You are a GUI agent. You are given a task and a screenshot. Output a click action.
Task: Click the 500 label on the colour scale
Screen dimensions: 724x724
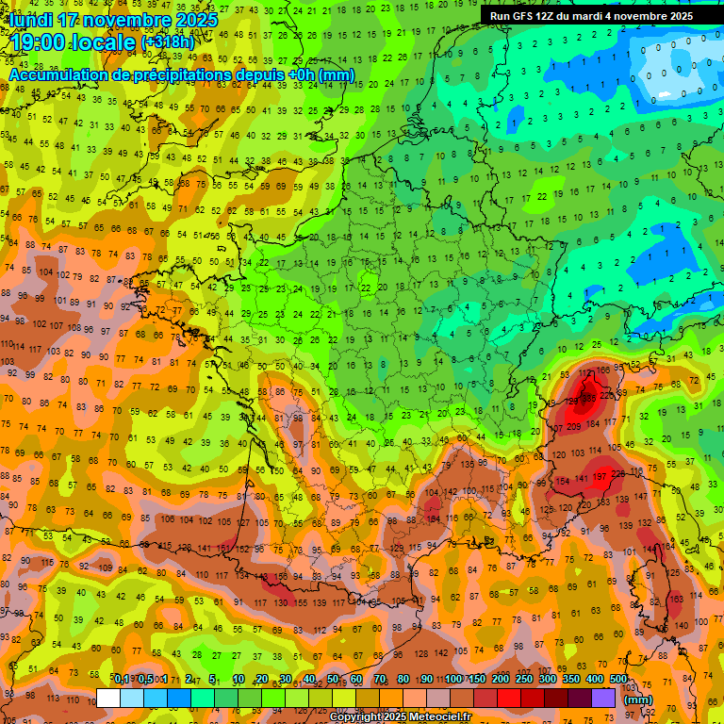coord(617,680)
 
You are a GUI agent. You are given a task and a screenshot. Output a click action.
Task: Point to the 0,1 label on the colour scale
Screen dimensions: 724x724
coord(122,680)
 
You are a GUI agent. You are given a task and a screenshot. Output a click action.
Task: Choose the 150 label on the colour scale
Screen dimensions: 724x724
coord(477,680)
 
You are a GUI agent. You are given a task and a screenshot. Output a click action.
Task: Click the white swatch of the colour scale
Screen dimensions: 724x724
coord(108,699)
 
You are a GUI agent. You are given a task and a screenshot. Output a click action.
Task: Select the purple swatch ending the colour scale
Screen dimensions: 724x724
coord(603,699)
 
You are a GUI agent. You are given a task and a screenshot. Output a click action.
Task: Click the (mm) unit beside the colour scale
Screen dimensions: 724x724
coord(638,699)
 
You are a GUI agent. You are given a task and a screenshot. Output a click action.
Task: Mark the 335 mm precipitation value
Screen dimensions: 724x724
coord(588,398)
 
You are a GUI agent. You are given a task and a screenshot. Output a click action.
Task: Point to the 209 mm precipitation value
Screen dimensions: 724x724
coord(574,427)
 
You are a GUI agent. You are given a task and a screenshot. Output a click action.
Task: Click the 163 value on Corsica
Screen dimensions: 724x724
coord(676,599)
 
